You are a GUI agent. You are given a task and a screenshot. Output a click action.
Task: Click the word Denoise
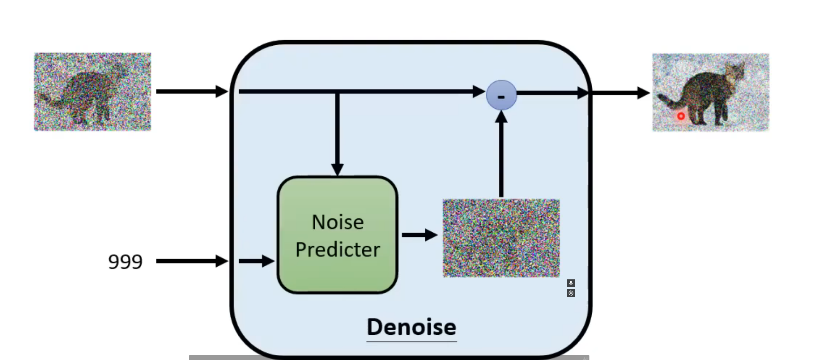(411, 327)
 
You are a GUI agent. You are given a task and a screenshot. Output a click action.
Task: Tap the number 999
(125, 262)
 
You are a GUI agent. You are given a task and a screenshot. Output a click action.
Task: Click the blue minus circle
(501, 95)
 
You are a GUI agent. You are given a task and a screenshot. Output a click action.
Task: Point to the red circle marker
(681, 116)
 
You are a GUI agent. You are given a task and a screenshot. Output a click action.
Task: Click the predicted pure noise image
(501, 238)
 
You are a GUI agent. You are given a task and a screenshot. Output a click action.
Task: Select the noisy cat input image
(92, 91)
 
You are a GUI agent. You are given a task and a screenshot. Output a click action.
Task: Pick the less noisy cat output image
(710, 92)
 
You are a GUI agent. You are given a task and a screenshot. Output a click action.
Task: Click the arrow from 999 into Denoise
(192, 261)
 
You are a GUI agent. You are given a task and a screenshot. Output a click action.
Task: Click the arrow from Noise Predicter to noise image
(419, 235)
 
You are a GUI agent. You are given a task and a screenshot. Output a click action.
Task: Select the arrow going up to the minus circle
(501, 154)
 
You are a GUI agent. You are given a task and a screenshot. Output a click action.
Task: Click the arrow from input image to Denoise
(192, 91)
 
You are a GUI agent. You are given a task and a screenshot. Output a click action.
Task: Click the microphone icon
(571, 283)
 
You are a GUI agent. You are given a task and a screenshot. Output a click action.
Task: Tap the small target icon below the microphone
(571, 293)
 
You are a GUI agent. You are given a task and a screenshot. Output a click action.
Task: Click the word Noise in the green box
(338, 222)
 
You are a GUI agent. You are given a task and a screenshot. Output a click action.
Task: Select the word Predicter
(338, 250)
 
